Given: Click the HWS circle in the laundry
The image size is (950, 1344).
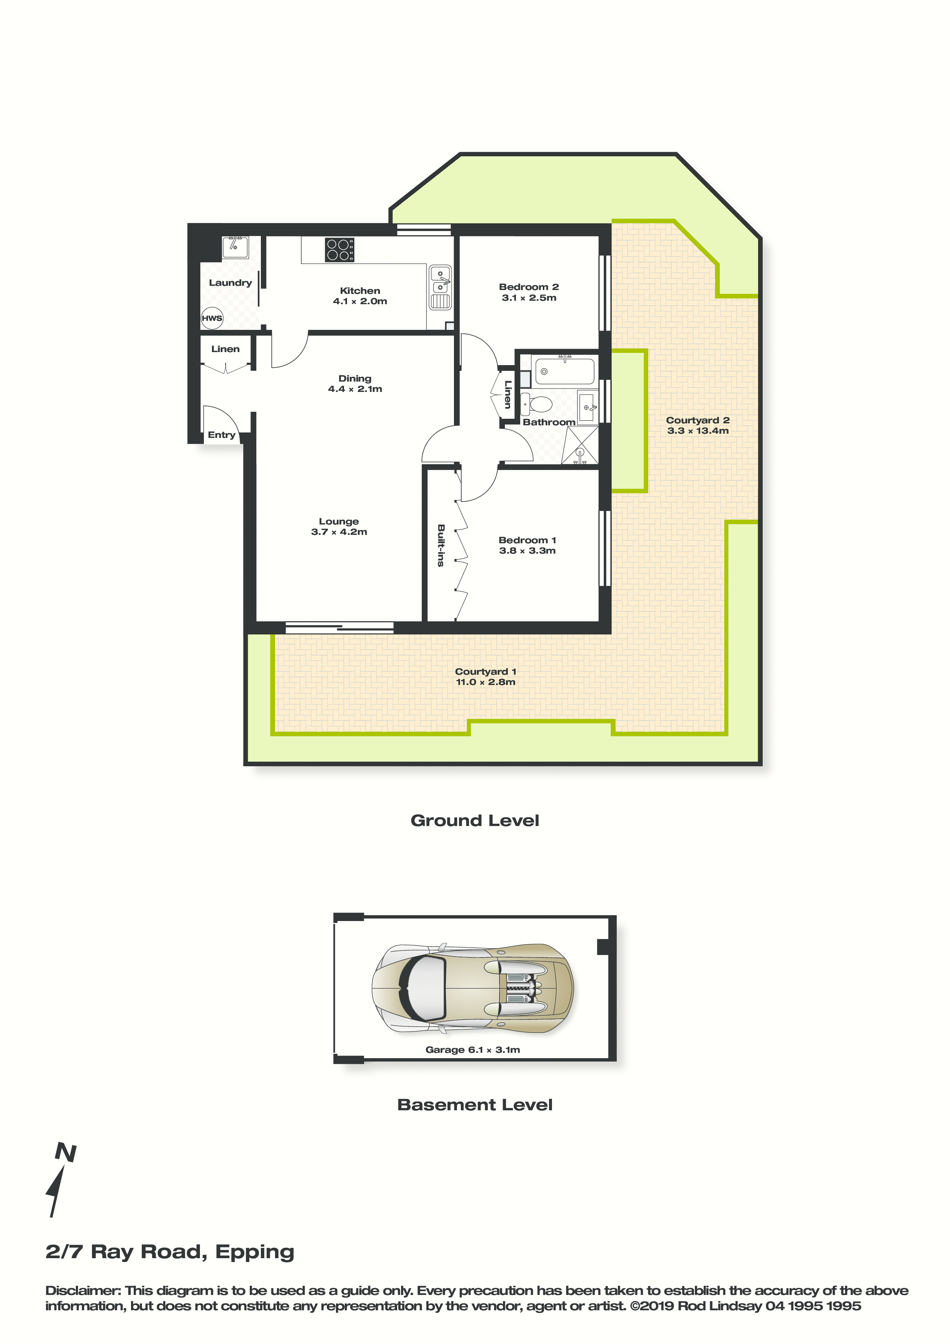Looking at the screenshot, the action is pyautogui.click(x=212, y=318).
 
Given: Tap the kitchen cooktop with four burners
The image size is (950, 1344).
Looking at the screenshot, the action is pyautogui.click(x=339, y=249).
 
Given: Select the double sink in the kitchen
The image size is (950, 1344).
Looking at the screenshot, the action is pyautogui.click(x=440, y=287).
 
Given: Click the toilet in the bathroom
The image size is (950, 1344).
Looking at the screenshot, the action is pyautogui.click(x=537, y=404).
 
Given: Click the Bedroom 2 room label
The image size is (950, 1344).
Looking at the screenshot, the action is pyautogui.click(x=529, y=287).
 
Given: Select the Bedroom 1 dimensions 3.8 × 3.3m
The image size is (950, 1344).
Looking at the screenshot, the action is pyautogui.click(x=527, y=551).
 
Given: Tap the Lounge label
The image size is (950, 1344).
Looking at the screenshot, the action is pyautogui.click(x=339, y=521).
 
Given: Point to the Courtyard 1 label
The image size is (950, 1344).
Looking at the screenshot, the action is pyautogui.click(x=486, y=671).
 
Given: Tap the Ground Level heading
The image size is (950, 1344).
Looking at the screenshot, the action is pyautogui.click(x=475, y=821).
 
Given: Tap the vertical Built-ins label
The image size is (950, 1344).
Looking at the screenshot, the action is pyautogui.click(x=441, y=546).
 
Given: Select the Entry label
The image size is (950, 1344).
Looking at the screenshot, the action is pyautogui.click(x=221, y=435).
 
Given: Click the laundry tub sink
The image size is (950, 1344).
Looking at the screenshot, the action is pyautogui.click(x=235, y=247).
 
